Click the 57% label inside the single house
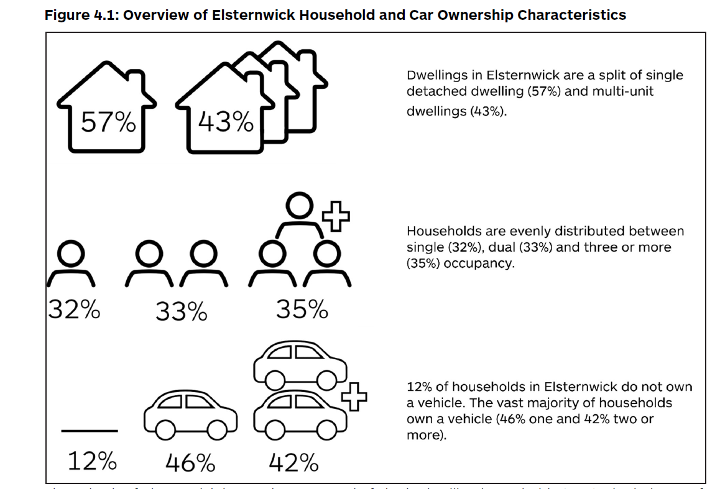tap(109, 123)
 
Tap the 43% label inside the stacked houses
tap(226, 122)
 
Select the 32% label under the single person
tap(74, 309)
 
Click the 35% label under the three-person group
tap(302, 309)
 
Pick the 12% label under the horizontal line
tap(91, 462)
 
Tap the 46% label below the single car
tap(190, 463)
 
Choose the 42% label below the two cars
tap(293, 463)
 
